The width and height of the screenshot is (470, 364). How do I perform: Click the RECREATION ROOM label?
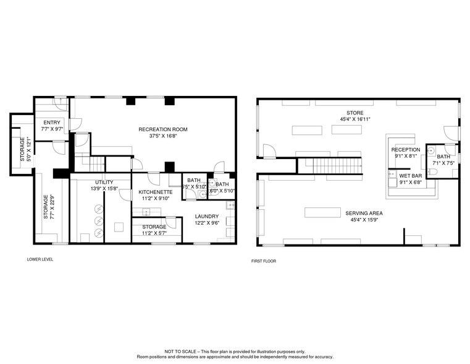click(x=163, y=129)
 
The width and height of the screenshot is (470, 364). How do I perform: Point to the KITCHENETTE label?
click(x=155, y=193)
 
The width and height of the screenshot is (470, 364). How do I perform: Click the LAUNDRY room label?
click(x=207, y=216)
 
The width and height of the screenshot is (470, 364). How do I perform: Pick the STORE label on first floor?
click(x=355, y=112)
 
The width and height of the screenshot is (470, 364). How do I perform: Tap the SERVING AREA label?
click(x=355, y=213)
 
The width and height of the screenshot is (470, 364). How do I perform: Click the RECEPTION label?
click(x=405, y=150)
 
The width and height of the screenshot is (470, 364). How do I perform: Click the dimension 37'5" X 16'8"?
click(x=163, y=136)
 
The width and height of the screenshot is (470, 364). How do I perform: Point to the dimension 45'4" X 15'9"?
click(x=355, y=219)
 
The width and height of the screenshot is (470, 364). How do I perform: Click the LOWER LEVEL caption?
click(x=40, y=259)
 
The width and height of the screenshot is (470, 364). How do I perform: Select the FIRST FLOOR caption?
click(x=264, y=261)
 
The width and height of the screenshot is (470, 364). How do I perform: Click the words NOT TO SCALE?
click(x=178, y=351)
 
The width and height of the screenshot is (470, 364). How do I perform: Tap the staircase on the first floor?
click(x=329, y=166)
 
